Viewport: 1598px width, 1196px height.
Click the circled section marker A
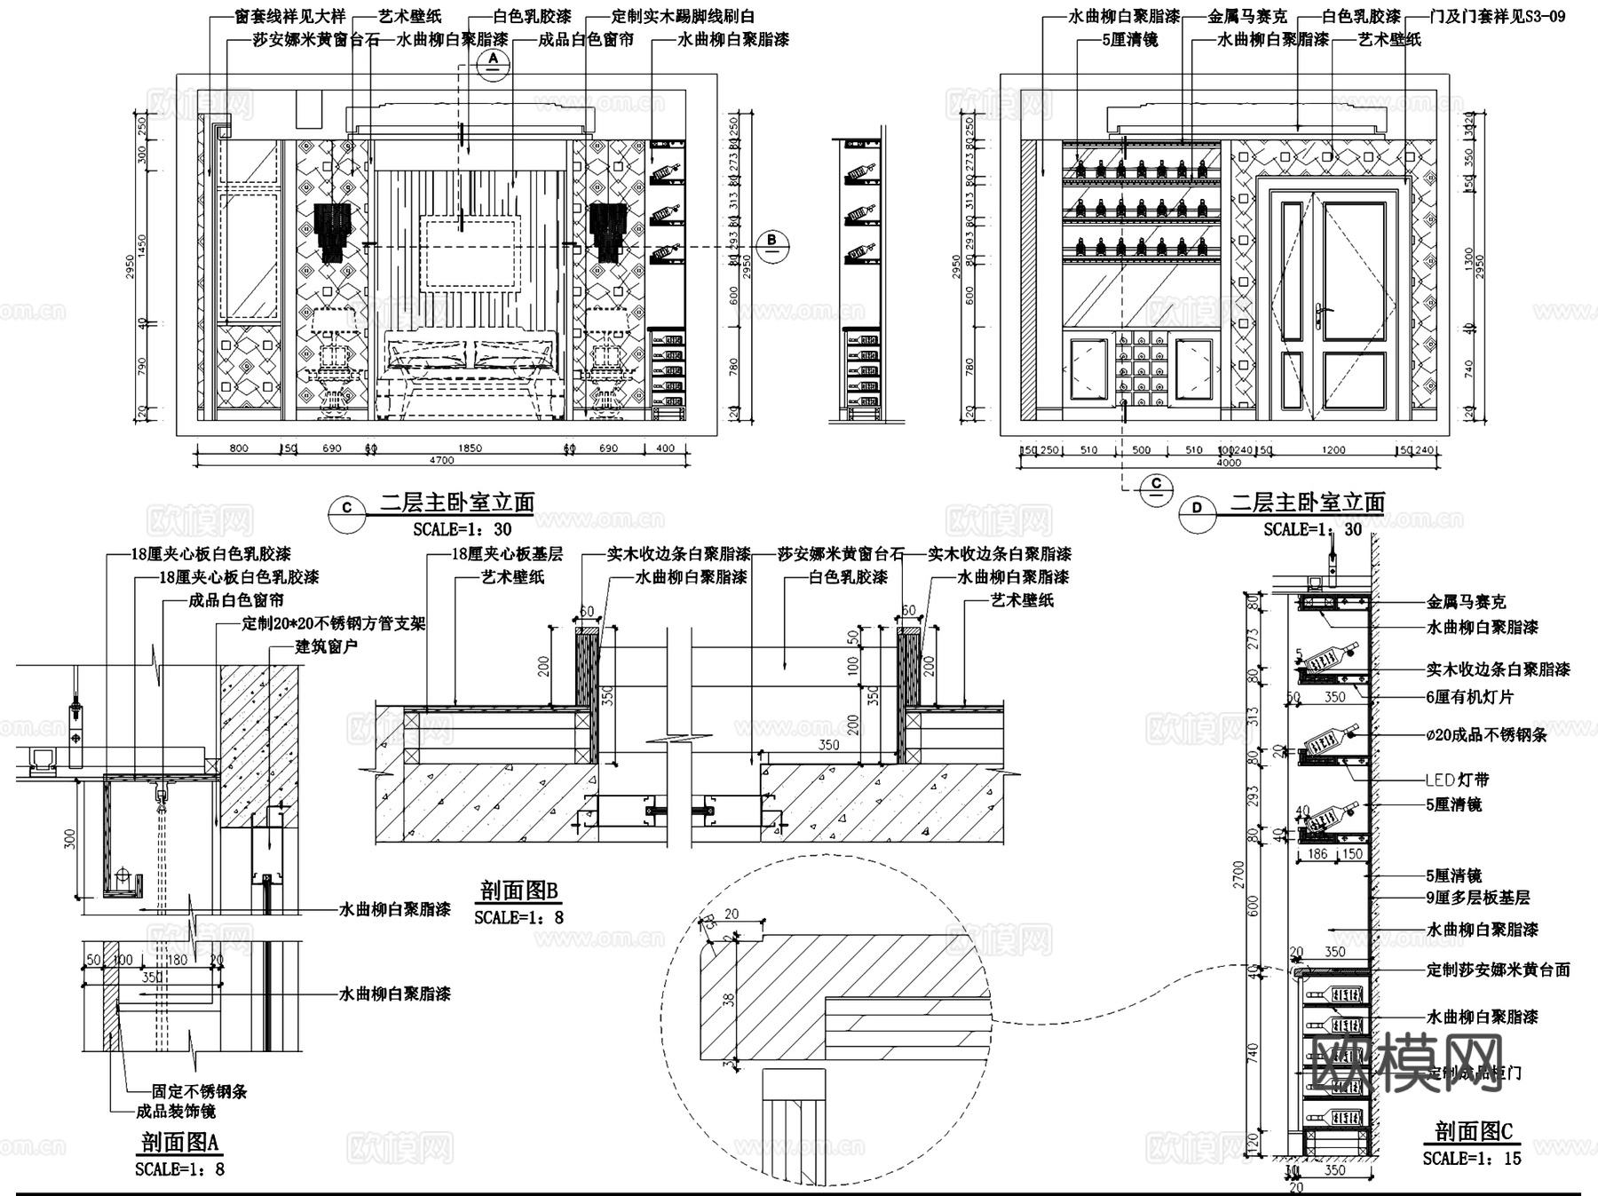pos(493,61)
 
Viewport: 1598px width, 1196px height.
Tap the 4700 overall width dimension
pos(441,460)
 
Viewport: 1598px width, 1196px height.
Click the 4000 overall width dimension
pos(1229,463)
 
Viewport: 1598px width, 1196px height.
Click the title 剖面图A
pos(179,1141)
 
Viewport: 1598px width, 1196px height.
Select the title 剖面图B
pos(518,891)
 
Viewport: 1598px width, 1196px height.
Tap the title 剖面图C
pos(1473,1130)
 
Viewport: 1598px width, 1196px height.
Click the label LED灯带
pos(1457,780)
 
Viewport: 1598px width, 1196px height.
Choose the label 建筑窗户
pos(326,646)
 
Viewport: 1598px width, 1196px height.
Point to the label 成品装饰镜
pos(175,1112)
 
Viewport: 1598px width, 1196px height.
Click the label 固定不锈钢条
pos(199,1091)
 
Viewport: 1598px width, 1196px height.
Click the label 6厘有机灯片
pos(1469,697)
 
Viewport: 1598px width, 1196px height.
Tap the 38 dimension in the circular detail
pos(729,999)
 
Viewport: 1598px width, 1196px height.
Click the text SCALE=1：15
pos(1471,1159)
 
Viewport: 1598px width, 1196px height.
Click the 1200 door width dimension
pos(1333,450)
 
